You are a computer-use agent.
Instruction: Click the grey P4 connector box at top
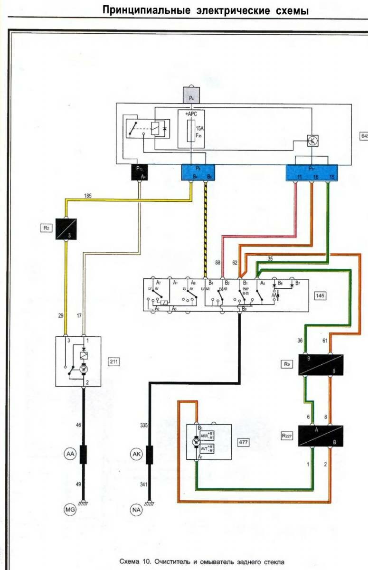click(191, 97)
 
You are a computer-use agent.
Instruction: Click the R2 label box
click(46, 228)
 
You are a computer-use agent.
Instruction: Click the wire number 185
click(87, 195)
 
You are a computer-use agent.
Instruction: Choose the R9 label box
click(286, 364)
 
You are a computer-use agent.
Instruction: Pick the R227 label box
click(286, 435)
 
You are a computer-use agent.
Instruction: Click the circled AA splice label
click(70, 454)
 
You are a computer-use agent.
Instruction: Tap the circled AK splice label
click(136, 454)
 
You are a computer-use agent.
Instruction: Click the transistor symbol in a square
click(312, 140)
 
